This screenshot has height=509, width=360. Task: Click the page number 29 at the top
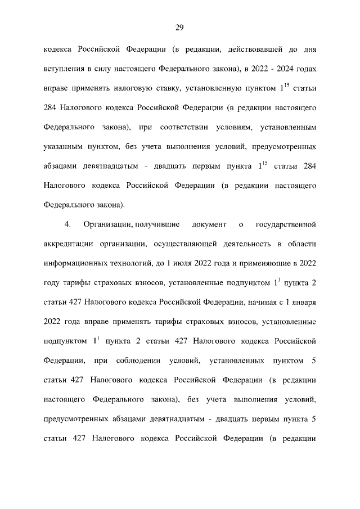[x=180, y=28]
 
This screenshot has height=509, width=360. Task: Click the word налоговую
[x=143, y=89]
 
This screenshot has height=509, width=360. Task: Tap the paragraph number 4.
[x=67, y=226]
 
